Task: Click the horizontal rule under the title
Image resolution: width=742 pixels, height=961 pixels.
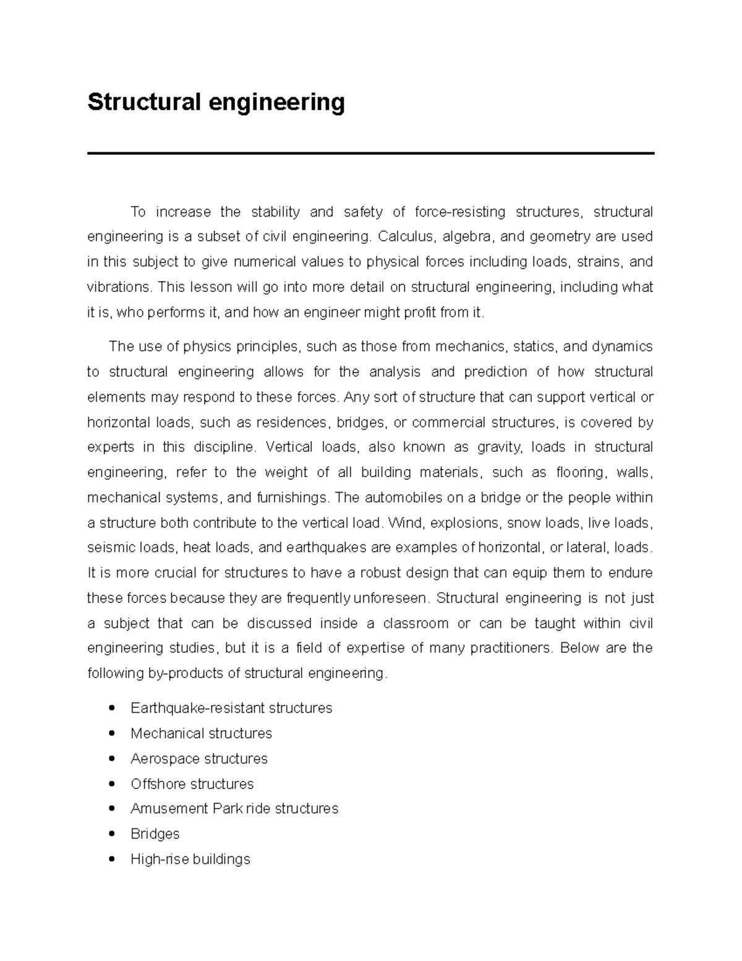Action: click(370, 153)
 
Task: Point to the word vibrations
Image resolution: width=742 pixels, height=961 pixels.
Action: click(118, 287)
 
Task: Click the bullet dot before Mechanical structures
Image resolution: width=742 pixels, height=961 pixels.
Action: click(111, 733)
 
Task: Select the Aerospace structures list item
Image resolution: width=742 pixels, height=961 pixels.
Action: click(198, 759)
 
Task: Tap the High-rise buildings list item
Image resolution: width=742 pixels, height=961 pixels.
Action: click(190, 860)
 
